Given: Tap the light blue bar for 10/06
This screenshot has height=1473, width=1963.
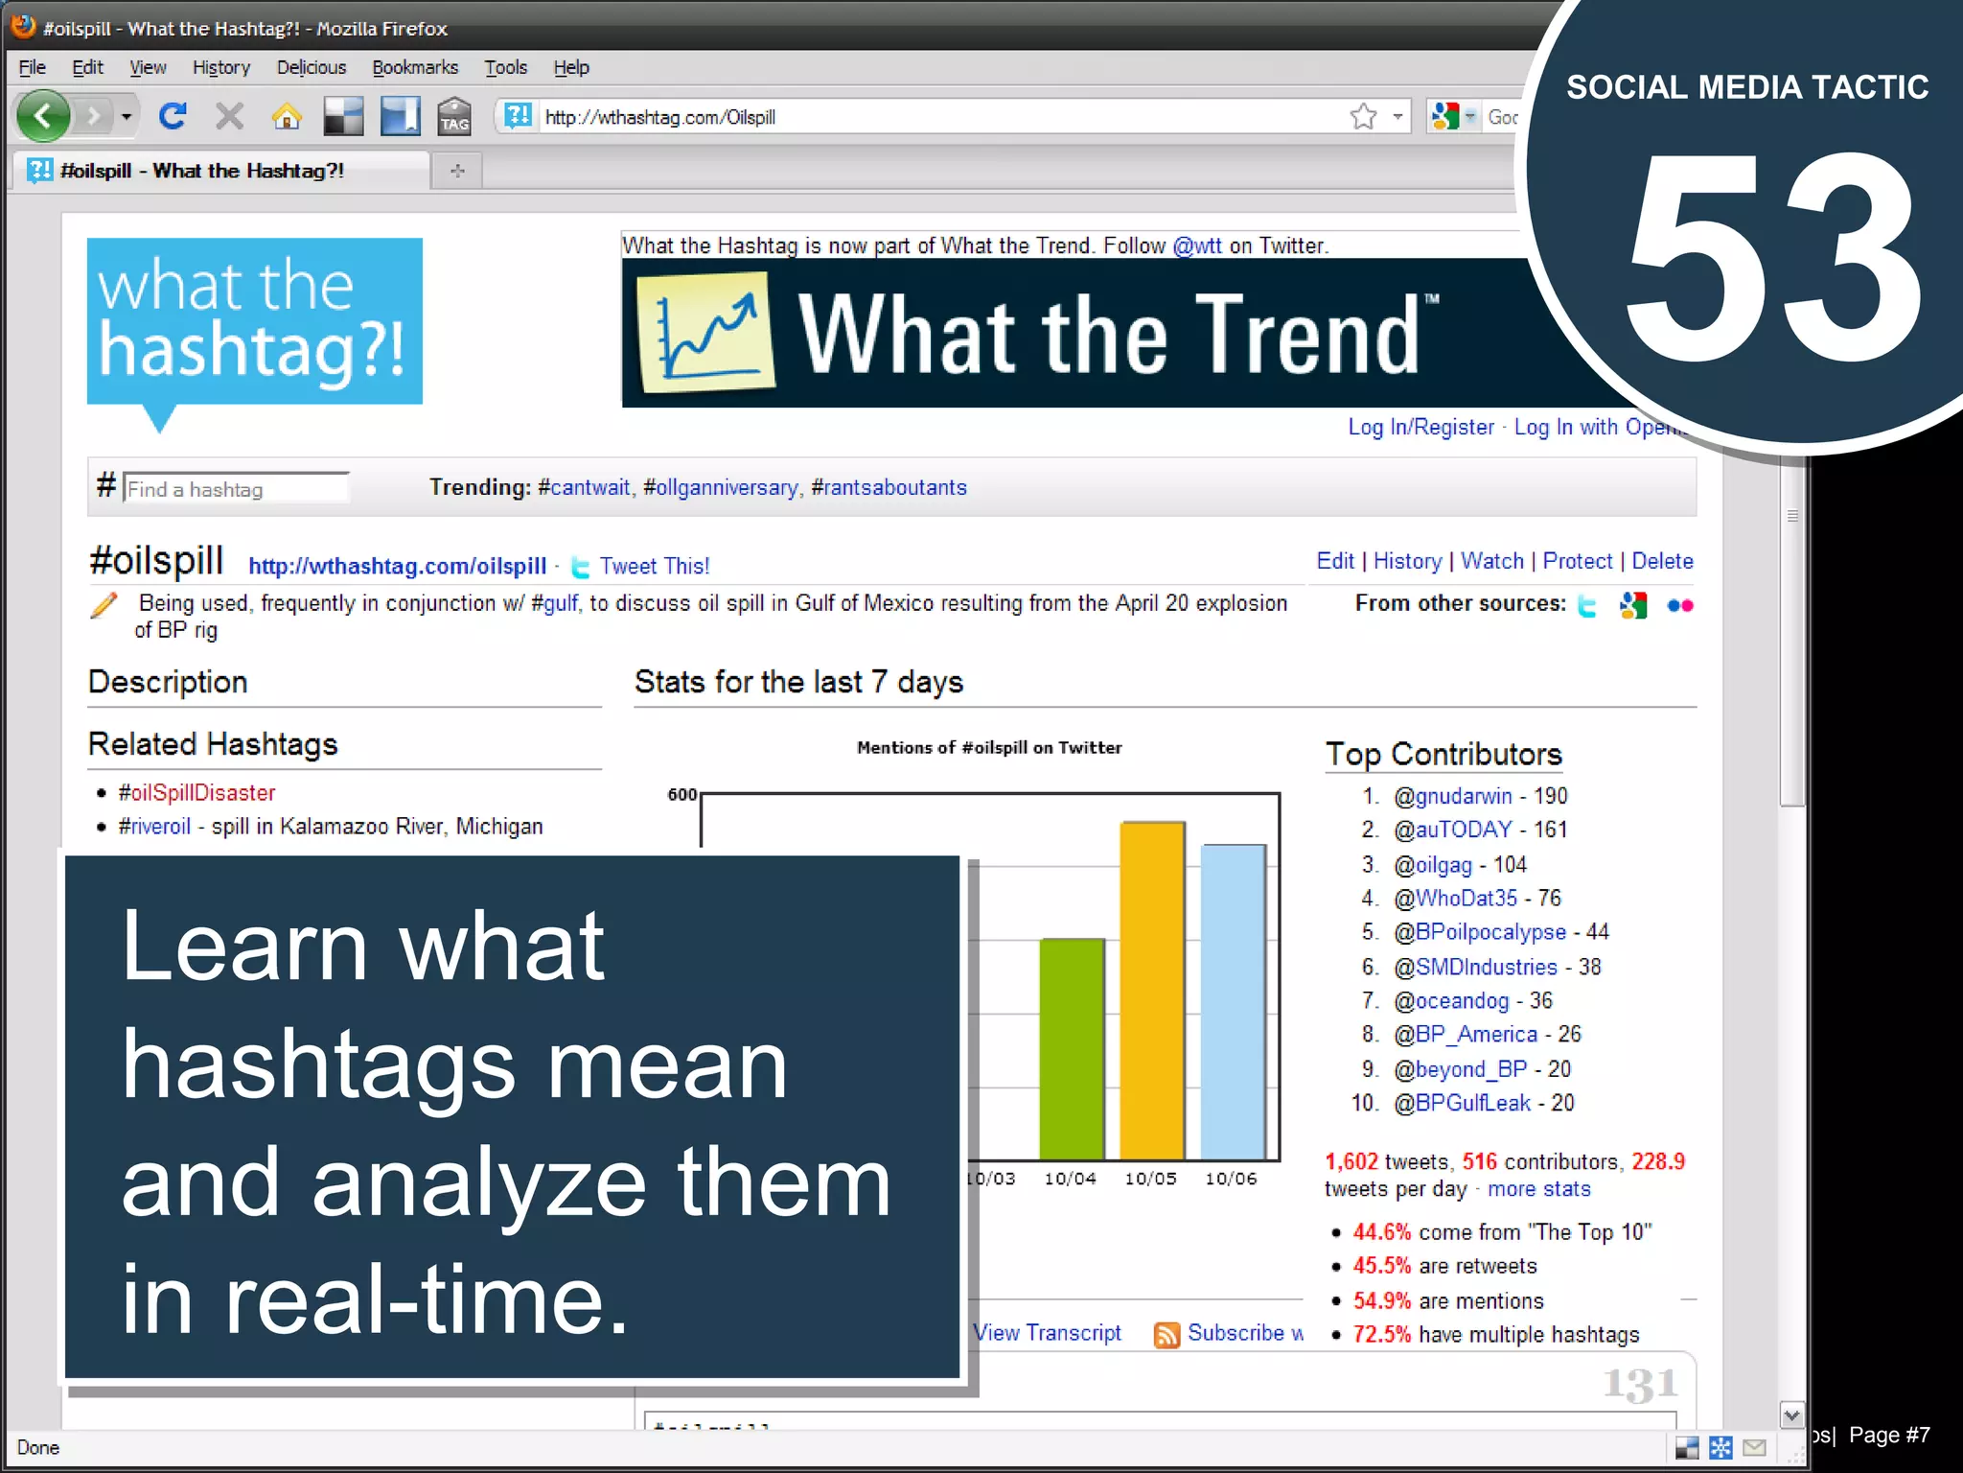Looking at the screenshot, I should click(x=1233, y=1001).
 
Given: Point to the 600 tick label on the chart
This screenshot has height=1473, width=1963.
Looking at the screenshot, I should click(x=681, y=794).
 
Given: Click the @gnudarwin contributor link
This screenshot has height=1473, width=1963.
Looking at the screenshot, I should click(x=1452, y=796).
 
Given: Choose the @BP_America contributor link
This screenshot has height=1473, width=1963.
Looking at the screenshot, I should click(x=1465, y=1034).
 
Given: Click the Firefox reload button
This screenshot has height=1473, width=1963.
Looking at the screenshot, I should click(x=173, y=117).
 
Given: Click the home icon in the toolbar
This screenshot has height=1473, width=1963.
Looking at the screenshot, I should click(x=286, y=117).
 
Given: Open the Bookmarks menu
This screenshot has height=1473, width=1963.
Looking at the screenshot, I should click(x=414, y=67).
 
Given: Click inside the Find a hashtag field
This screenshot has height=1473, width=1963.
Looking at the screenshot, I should click(x=236, y=489).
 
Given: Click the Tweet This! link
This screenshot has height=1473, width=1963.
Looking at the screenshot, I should click(x=654, y=566).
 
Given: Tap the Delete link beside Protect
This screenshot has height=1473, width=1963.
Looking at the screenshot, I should click(x=1662, y=561).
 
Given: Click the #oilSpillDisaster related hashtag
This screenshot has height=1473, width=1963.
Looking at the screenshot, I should click(x=196, y=792).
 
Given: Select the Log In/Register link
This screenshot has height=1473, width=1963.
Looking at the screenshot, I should click(x=1420, y=427).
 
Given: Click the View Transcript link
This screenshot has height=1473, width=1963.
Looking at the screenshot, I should click(x=1047, y=1333).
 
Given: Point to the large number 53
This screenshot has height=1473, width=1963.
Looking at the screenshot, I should click(x=1773, y=259).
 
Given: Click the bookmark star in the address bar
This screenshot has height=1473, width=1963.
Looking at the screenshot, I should click(x=1363, y=117).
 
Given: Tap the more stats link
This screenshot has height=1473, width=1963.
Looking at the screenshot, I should click(x=1538, y=1189).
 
